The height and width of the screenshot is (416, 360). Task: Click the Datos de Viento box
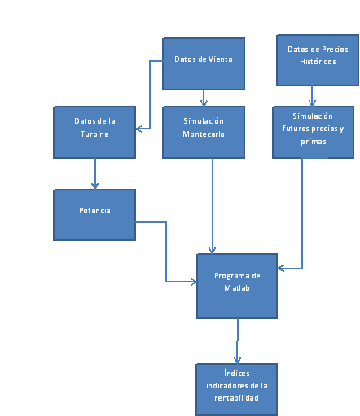click(204, 63)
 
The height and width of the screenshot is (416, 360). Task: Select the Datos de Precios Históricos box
click(318, 60)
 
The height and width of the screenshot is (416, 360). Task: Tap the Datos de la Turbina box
click(94, 132)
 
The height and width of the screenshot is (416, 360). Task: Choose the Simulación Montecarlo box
click(204, 132)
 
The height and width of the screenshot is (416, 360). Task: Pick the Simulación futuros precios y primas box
click(314, 132)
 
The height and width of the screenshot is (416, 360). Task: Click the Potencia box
click(94, 215)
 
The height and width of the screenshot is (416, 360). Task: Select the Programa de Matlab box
click(237, 286)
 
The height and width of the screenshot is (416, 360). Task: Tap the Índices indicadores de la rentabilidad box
click(237, 390)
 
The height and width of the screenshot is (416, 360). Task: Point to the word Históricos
click(318, 62)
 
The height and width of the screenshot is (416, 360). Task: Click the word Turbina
click(94, 134)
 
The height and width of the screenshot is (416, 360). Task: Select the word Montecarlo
click(204, 134)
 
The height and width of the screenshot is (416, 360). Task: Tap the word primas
click(314, 142)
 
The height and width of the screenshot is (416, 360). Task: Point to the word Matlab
click(237, 287)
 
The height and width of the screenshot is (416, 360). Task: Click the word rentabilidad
click(237, 398)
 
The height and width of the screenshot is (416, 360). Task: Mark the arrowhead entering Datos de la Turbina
click(138, 129)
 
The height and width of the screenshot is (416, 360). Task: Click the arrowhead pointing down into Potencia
click(94, 186)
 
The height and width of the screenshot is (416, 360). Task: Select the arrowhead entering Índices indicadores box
click(238, 361)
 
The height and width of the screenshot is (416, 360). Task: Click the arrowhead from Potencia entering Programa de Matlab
click(195, 282)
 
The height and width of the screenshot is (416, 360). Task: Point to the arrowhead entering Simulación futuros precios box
click(312, 103)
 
